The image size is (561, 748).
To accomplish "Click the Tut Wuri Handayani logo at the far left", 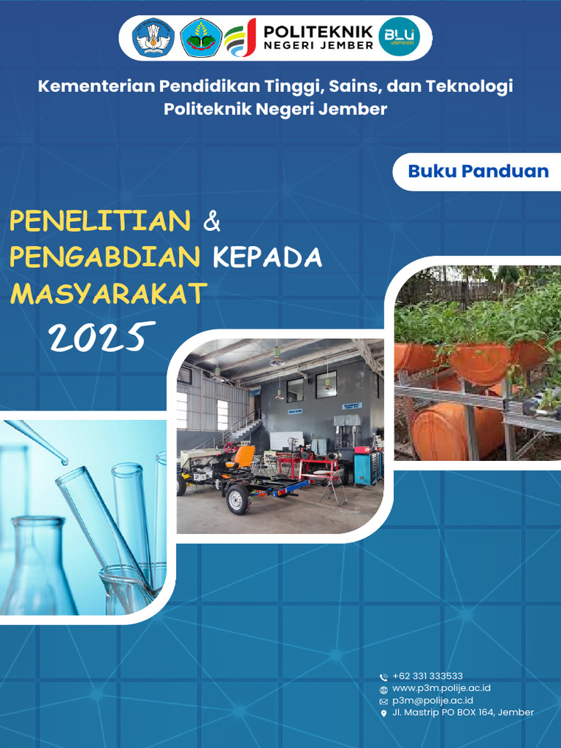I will pos(153,38).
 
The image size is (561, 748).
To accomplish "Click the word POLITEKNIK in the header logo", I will pos(318,31).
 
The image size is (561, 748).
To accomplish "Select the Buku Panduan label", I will pos(478,172).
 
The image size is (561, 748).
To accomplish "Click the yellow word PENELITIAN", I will pos(101,221).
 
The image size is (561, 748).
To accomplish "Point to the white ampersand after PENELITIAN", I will pos(211,221).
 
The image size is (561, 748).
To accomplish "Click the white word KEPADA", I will pos(267,257).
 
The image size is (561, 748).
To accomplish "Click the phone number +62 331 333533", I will pos(427,676).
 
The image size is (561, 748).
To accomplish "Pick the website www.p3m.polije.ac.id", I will pos(441,688).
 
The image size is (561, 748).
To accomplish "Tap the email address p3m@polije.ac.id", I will pos(432,701).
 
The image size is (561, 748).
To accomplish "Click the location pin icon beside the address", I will pos(384,714).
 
